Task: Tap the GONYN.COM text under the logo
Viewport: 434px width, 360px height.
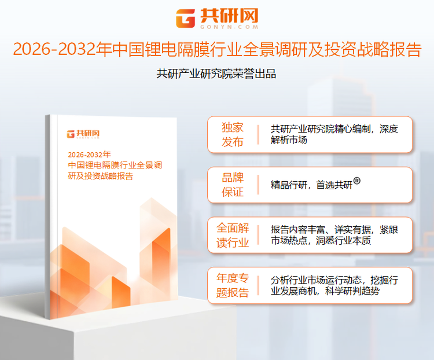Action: click(229, 27)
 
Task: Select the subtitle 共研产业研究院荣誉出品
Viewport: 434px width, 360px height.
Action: click(216, 74)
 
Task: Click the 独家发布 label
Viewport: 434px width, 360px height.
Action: click(233, 135)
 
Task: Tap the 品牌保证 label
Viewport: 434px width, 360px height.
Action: click(233, 185)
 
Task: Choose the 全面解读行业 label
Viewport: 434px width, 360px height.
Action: click(233, 235)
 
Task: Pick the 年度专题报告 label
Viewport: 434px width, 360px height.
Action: click(233, 285)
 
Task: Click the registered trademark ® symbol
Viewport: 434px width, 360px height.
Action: click(357, 181)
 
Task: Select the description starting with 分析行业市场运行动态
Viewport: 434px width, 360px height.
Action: click(334, 285)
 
